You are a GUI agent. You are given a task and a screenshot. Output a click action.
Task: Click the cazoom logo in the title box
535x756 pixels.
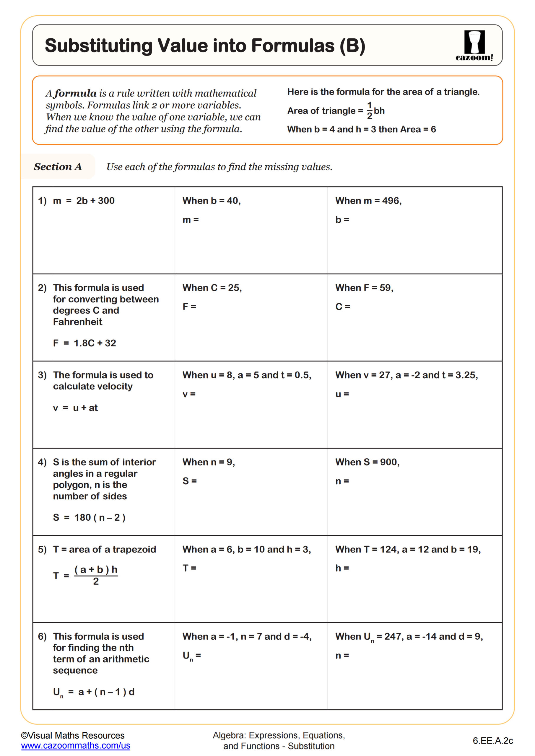coord(474,45)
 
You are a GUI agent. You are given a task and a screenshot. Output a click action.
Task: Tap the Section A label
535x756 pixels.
coord(58,167)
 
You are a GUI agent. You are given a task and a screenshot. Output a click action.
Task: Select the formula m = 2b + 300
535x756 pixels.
coord(84,201)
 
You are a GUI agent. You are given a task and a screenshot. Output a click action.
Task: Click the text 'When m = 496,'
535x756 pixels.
coord(368,201)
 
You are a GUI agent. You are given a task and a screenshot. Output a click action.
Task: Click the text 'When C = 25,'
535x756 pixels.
coord(212,288)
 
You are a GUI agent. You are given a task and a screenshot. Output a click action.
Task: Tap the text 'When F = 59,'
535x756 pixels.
coord(364,288)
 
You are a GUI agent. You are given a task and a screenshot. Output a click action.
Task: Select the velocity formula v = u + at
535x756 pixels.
coord(75,408)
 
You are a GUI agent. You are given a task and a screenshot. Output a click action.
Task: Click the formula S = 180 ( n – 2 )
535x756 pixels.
coord(89,518)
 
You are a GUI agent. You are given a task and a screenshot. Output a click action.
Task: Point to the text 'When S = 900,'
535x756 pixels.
coord(367,462)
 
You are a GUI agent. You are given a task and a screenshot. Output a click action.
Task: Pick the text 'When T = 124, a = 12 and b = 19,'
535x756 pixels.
coord(408,549)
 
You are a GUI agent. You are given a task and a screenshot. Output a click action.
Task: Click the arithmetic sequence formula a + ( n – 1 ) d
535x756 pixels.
coord(106,692)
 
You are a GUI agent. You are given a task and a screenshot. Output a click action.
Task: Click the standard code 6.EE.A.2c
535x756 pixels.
coord(492,741)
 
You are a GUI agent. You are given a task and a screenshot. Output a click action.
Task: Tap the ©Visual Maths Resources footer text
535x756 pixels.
coord(72,736)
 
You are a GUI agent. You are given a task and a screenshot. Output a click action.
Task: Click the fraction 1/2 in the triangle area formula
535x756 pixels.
coord(369,111)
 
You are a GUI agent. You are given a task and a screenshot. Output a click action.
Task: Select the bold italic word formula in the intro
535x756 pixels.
coord(75,94)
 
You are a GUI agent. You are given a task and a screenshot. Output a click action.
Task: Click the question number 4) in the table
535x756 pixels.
coord(42,462)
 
